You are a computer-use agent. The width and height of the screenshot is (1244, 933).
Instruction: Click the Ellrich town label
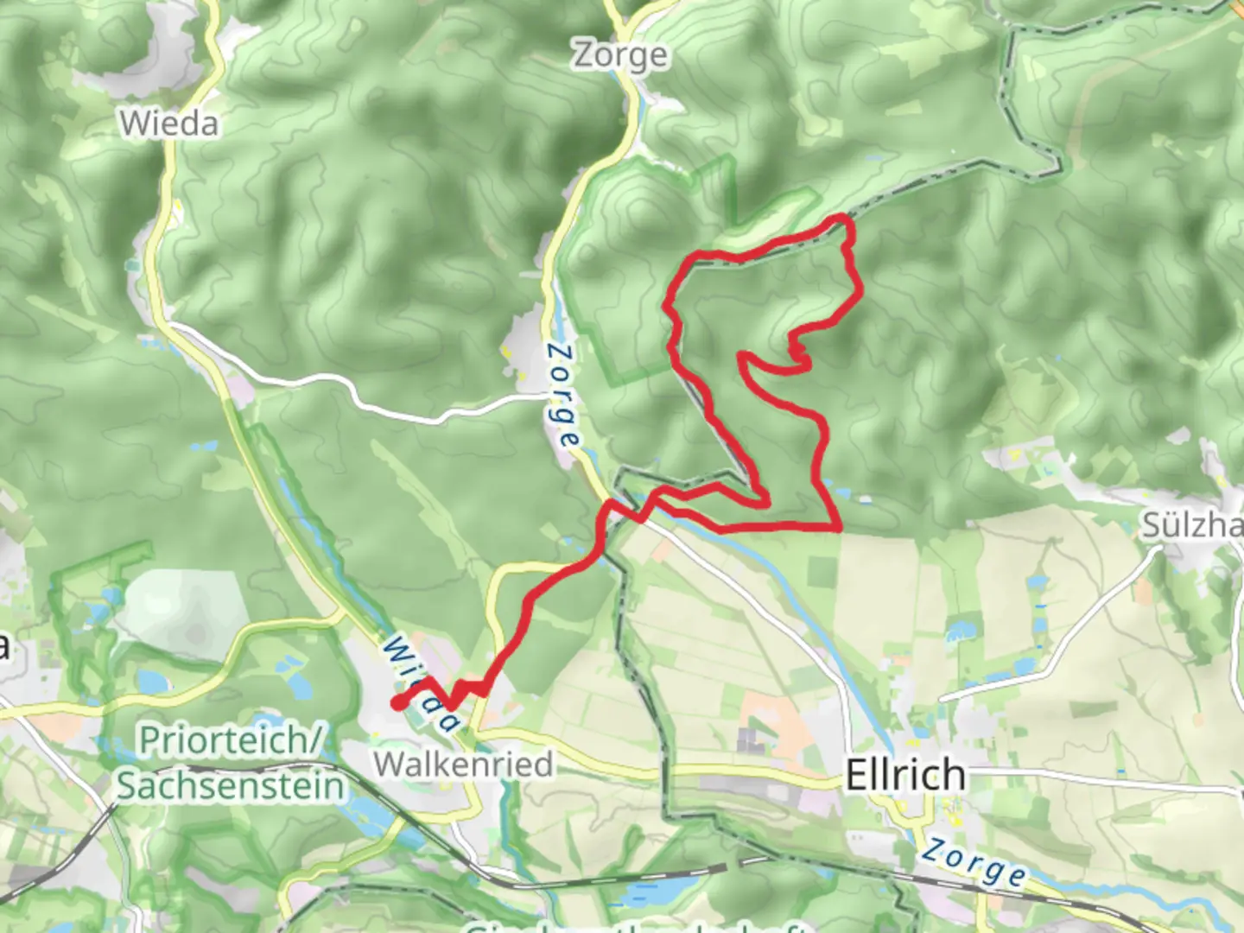(904, 774)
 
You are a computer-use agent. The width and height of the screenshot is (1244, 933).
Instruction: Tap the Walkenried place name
(463, 764)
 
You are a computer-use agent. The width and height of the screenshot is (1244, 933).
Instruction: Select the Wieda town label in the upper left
(169, 124)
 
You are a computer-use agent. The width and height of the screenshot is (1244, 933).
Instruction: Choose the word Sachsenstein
(230, 785)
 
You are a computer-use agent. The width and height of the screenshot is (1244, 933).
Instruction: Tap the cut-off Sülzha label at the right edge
(1192, 525)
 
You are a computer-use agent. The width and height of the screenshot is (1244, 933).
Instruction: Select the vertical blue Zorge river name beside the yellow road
(563, 396)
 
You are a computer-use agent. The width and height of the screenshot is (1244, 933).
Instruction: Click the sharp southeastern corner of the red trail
(838, 526)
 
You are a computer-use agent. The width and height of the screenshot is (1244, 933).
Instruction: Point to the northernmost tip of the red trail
(838, 219)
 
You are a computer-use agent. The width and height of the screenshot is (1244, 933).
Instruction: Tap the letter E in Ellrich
(855, 774)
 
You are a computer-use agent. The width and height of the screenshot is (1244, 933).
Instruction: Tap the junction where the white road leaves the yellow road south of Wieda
(170, 326)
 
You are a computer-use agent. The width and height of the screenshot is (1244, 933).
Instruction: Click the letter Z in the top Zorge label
(585, 55)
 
